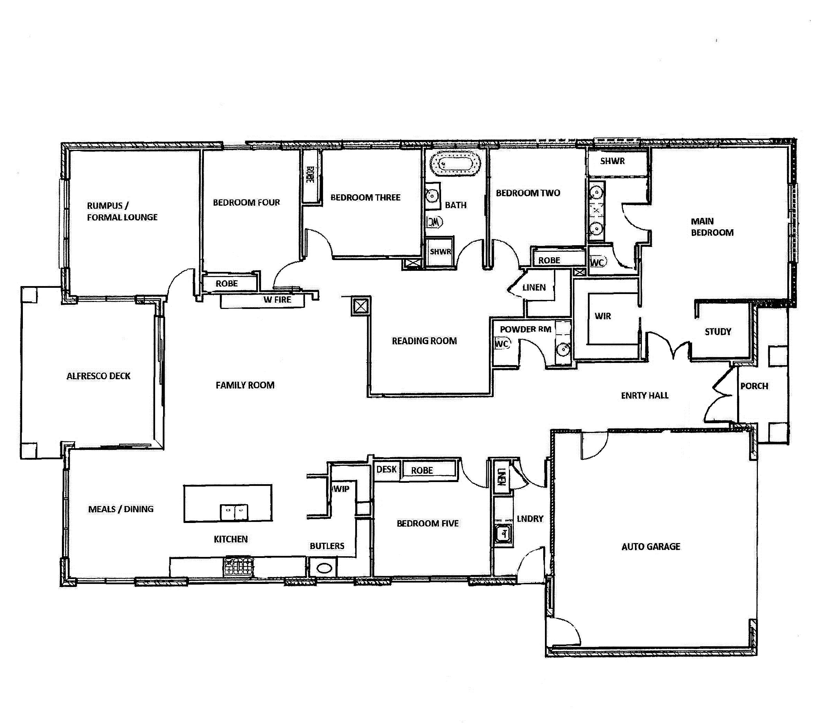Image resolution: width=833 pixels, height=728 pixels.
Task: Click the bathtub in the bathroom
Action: (x=455, y=165)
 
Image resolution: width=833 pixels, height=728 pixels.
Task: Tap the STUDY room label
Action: (x=718, y=331)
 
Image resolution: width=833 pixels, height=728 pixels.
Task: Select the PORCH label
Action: (x=754, y=386)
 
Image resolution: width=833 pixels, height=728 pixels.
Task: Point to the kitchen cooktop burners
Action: (x=239, y=566)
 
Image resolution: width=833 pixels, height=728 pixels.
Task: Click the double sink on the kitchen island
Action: (x=234, y=512)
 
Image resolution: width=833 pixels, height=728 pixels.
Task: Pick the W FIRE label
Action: (x=277, y=300)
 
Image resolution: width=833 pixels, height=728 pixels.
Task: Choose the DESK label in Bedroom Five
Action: (x=386, y=470)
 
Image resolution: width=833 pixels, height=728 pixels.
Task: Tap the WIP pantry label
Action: (x=341, y=489)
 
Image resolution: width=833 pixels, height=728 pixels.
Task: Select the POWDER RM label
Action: (x=526, y=329)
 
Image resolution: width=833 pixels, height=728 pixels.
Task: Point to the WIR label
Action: (x=603, y=316)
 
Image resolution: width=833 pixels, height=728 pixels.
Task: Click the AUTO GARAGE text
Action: (x=651, y=547)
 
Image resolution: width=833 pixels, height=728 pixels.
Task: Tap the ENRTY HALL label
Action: (x=645, y=395)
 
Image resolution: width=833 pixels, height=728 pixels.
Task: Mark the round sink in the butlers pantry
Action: (x=324, y=569)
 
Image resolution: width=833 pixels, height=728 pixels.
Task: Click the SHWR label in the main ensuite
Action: (x=612, y=161)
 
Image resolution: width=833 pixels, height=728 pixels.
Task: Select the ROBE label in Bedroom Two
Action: (x=549, y=260)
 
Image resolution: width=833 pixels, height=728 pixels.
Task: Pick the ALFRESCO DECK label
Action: (x=98, y=376)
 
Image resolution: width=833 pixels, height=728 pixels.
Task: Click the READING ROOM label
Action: (x=424, y=341)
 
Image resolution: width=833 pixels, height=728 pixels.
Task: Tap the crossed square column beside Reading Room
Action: (x=361, y=306)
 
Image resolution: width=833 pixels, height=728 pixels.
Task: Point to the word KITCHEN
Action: (x=231, y=539)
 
